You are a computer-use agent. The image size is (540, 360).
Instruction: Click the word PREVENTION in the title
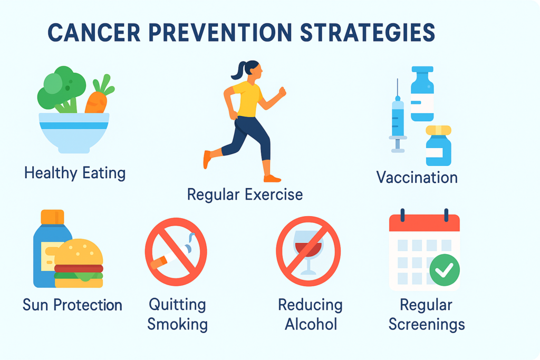coord(220,33)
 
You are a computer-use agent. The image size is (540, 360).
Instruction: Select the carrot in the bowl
coord(99,96)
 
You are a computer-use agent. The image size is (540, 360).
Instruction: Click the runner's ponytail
coord(238,71)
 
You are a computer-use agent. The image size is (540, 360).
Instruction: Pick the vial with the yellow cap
coord(438,145)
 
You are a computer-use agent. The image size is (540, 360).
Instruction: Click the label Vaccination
coord(417,178)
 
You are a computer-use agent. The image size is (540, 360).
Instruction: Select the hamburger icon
coord(79,264)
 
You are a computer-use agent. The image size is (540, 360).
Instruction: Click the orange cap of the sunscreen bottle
coord(52,217)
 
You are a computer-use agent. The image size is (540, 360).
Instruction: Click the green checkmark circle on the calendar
coord(445,270)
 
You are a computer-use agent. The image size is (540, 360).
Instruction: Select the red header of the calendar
coord(425,222)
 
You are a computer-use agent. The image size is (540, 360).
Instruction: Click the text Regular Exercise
coord(245,194)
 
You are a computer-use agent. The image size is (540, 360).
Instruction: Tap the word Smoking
coord(177,324)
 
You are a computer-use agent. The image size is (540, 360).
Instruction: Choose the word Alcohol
coord(311,324)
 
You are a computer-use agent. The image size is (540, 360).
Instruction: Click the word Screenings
coord(427,324)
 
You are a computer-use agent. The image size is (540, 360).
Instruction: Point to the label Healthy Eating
coord(75,173)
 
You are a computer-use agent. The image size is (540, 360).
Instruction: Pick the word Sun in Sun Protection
coord(35,305)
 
